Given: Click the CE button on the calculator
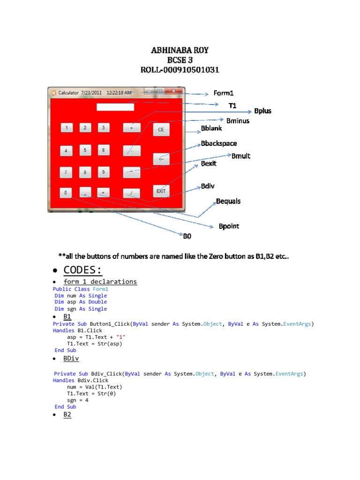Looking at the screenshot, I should (161, 129).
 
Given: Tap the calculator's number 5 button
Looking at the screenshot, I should (85, 150).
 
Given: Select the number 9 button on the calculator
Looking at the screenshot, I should (104, 172).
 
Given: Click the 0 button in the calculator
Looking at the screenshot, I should (66, 193).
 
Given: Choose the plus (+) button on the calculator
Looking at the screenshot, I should (132, 127).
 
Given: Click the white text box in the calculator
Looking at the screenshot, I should (115, 107).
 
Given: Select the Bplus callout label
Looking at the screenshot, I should (262, 111).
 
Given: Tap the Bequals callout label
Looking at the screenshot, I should (228, 201).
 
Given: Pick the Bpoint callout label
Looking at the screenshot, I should (229, 226).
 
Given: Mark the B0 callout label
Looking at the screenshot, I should (187, 236).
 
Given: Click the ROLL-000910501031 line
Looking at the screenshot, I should (180, 70).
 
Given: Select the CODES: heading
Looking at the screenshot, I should (82, 270).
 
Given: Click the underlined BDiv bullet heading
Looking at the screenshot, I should (70, 359).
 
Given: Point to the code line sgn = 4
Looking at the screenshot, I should (78, 400).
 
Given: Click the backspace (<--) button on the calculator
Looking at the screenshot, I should (161, 159).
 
